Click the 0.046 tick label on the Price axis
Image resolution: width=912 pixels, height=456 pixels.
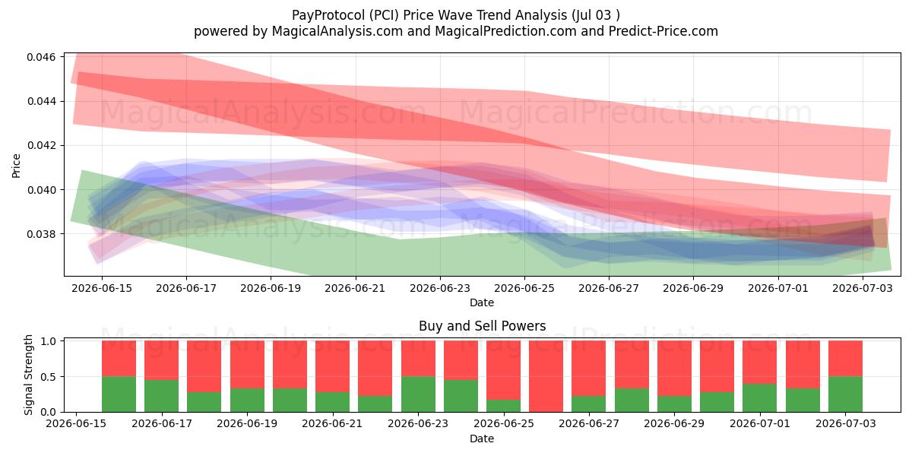[41, 57]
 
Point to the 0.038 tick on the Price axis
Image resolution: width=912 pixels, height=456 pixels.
[41, 234]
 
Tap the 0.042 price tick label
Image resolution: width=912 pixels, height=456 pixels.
[41, 146]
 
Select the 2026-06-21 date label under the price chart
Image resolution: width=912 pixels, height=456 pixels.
[355, 289]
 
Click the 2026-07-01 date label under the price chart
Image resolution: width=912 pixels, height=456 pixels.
[777, 289]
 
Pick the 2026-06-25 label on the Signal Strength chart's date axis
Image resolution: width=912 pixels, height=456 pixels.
[503, 424]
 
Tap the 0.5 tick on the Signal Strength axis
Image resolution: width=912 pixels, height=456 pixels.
[48, 377]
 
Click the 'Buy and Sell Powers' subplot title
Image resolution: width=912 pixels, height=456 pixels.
[482, 326]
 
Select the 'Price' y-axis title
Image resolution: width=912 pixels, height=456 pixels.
[16, 166]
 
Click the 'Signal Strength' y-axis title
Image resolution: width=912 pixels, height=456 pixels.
[28, 375]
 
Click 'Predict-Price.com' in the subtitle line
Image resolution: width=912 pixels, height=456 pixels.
[663, 31]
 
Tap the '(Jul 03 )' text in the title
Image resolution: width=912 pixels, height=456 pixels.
[596, 15]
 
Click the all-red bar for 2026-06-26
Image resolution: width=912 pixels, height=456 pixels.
[546, 377]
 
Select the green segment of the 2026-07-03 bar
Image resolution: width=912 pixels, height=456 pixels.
[845, 394]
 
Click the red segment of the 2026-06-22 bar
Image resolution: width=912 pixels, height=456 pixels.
[375, 369]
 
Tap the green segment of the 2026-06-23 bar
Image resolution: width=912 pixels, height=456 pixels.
[418, 394]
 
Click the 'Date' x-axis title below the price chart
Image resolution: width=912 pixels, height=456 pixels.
[482, 303]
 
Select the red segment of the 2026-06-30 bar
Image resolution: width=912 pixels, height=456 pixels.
[717, 366]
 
